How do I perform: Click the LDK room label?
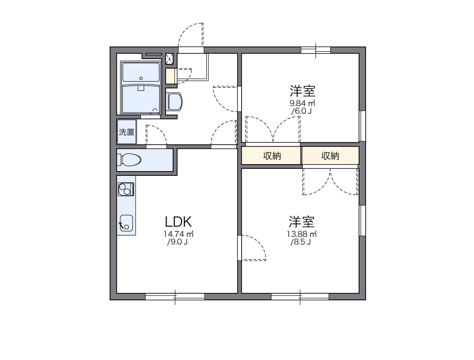(x=178, y=222)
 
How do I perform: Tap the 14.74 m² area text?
(x=179, y=234)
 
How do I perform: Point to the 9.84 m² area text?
(x=302, y=103)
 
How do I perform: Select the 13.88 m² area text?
(x=302, y=234)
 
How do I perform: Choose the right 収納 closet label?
(x=330, y=156)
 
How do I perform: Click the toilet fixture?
(x=130, y=160)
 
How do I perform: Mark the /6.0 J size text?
(x=302, y=111)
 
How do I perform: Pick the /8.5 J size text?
(x=301, y=242)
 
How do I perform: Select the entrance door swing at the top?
(x=191, y=35)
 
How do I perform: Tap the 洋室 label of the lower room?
(x=301, y=221)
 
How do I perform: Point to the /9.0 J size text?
(x=178, y=242)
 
